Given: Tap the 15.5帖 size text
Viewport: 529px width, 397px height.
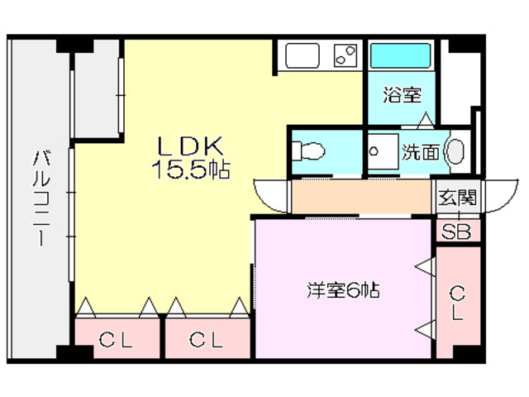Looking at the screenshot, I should [189, 170].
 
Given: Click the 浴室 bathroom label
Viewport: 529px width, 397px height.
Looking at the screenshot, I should [403, 95].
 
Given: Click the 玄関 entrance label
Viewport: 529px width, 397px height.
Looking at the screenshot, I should [457, 198].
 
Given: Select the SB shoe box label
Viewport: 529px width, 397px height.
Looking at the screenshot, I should [456, 232].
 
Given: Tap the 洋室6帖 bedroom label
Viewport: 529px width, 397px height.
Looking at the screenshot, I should [343, 291].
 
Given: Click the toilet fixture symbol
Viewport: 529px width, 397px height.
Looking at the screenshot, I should [309, 151].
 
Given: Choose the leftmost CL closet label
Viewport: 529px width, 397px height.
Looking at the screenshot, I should [116, 339].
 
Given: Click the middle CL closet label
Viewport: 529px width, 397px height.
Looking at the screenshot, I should [206, 339].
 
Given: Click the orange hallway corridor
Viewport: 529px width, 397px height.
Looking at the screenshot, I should [362, 197].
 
